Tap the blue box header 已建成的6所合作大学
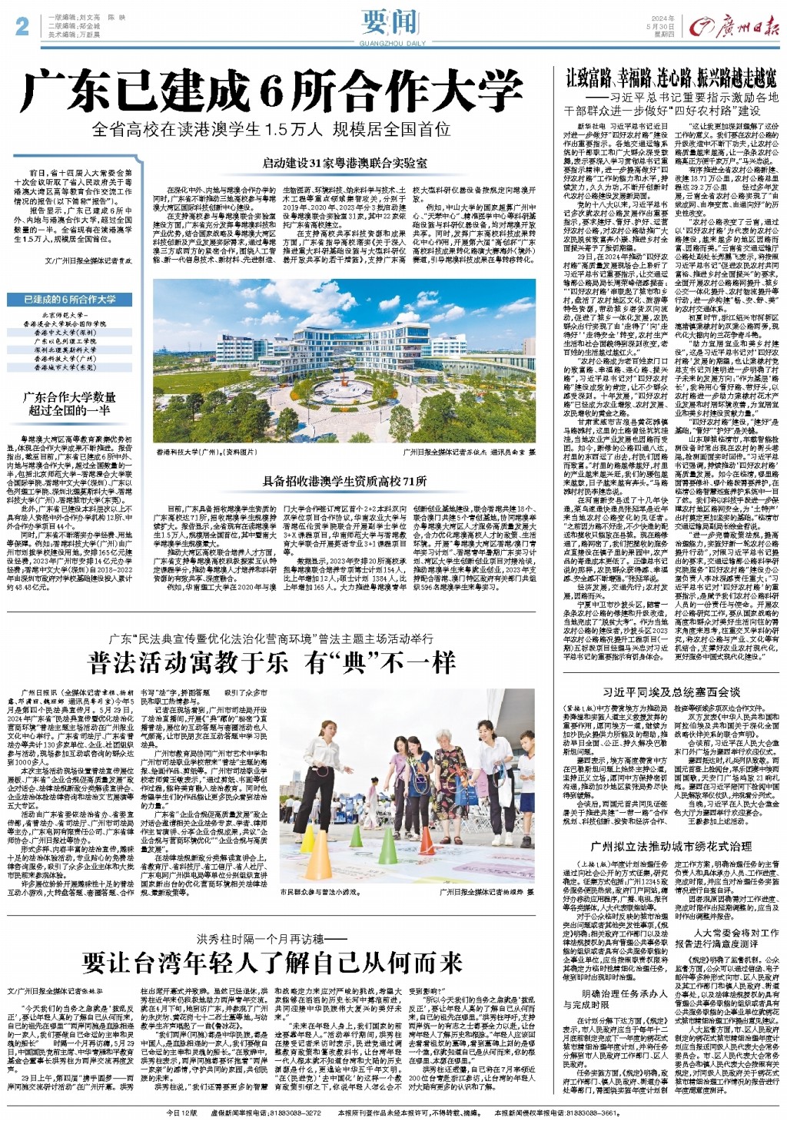click(x=70, y=299)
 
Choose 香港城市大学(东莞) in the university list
click(x=70, y=366)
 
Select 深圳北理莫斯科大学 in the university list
click(x=70, y=350)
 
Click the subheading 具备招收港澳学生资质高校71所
click(x=344, y=482)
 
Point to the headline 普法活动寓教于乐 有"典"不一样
click(x=272, y=663)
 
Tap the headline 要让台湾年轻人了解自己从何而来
click(x=272, y=962)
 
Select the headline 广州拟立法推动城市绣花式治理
click(x=671, y=846)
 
